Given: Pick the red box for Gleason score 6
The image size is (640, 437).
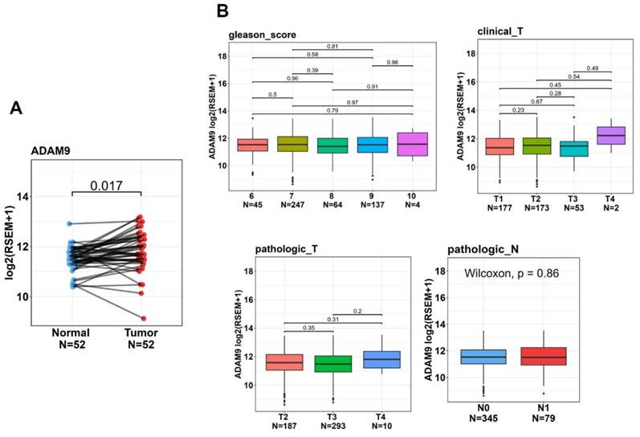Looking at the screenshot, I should click(253, 145).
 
